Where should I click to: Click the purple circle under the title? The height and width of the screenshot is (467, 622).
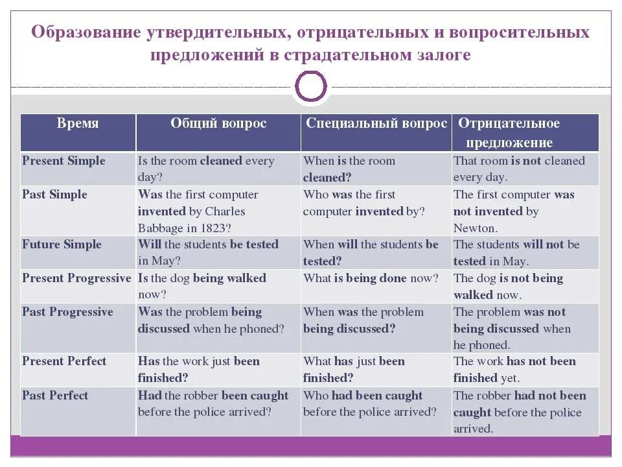[x=311, y=86]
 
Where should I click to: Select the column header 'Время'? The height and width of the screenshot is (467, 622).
[x=78, y=123]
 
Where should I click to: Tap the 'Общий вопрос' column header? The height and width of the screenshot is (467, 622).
[x=218, y=123]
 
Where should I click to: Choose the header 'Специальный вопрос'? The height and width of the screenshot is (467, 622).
[x=376, y=123]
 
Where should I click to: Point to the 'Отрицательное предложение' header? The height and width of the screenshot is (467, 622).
[x=509, y=132]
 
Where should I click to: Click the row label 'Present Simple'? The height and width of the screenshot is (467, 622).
[x=63, y=161]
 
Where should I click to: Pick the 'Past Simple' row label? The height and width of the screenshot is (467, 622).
[x=54, y=195]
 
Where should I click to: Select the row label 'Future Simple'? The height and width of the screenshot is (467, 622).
[x=62, y=245]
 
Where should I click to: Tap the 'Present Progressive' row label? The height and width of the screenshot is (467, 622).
[x=76, y=278]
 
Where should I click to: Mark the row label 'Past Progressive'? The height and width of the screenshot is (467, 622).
[x=67, y=312]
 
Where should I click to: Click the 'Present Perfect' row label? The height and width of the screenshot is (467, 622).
[x=64, y=361]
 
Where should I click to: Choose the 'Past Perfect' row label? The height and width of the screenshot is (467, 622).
[x=55, y=396]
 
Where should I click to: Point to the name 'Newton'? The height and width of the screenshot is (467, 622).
[x=475, y=228]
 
